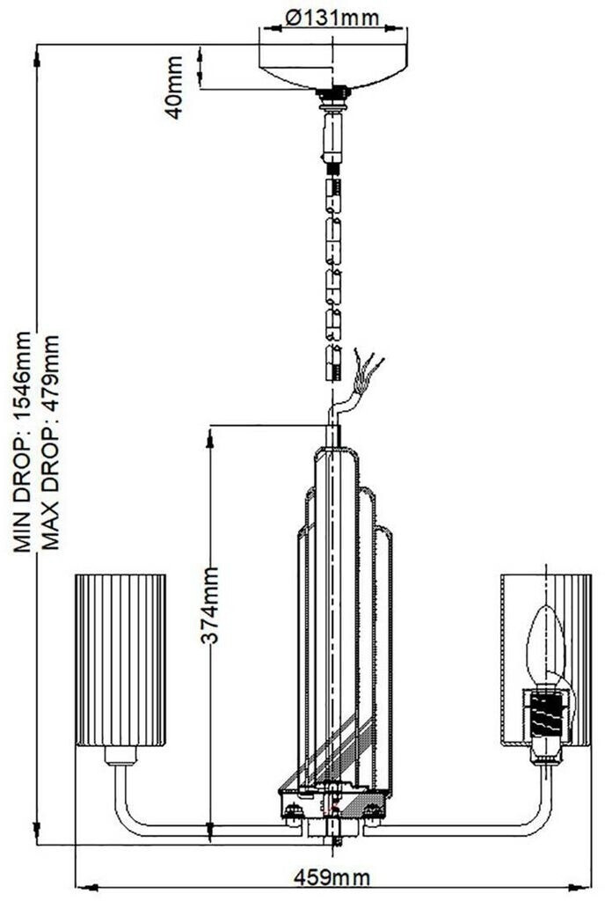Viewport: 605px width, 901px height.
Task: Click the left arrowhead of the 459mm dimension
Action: click(82, 886)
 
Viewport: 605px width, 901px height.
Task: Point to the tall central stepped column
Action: click(339, 616)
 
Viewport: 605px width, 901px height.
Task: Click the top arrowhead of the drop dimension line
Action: click(38, 55)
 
